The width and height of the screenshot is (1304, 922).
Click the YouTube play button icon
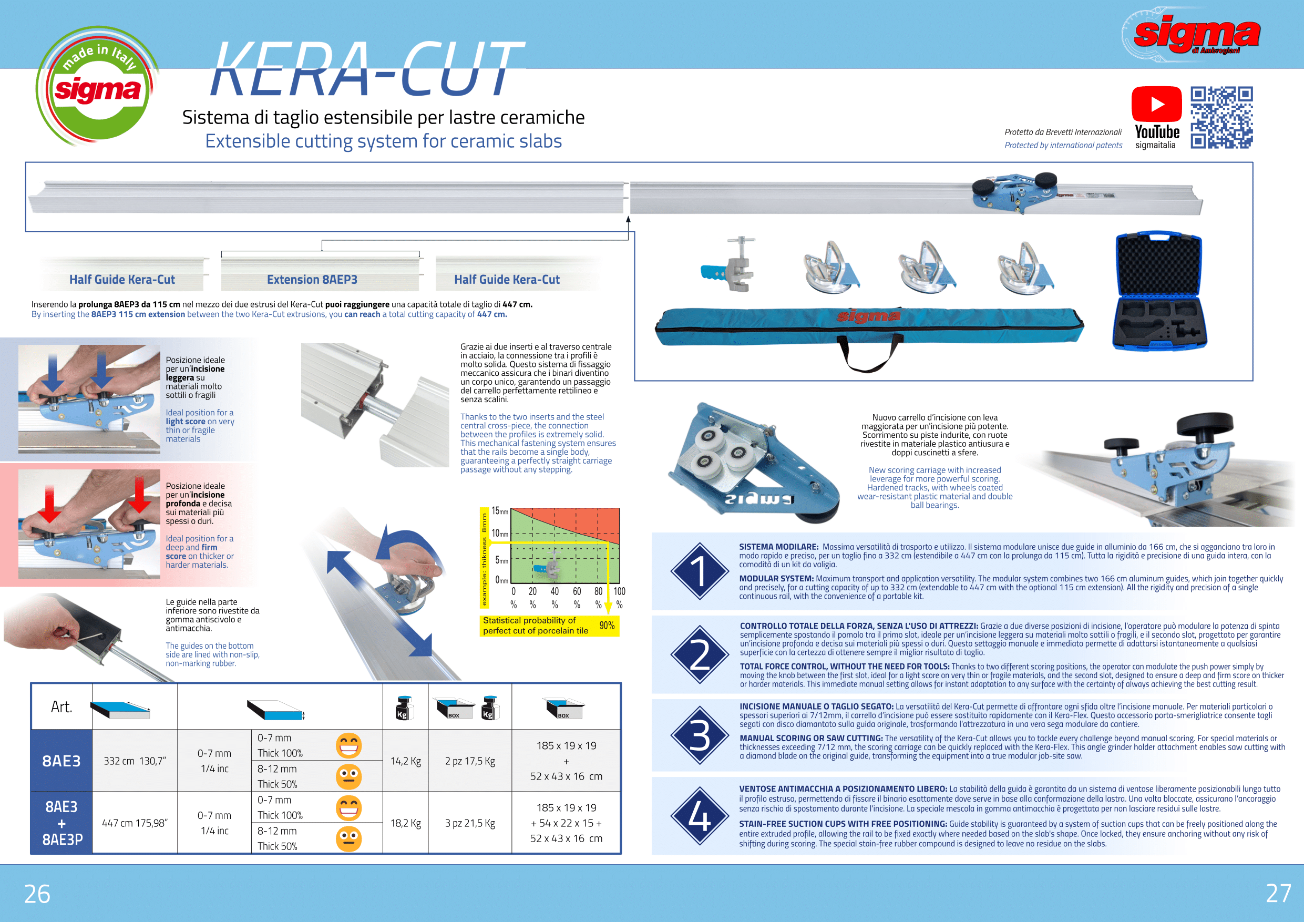1156,104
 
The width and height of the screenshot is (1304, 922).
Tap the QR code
1221,118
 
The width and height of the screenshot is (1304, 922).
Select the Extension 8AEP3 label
312,280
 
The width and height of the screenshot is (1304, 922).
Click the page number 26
37,894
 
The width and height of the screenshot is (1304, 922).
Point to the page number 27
1278,894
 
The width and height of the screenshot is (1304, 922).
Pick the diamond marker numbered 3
700,735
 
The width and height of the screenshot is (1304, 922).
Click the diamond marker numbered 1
700,571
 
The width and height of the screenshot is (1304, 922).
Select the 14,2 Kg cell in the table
406,761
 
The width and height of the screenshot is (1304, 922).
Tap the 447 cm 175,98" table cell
135,823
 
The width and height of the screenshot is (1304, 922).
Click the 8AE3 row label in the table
61,761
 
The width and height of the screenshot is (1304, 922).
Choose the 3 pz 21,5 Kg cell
470,823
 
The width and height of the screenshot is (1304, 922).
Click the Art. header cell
61,706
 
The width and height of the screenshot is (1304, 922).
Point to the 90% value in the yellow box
607,626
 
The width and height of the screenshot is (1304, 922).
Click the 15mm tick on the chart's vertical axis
500,511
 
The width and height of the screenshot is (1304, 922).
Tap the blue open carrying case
1159,291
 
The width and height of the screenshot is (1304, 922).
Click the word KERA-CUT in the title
367,69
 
